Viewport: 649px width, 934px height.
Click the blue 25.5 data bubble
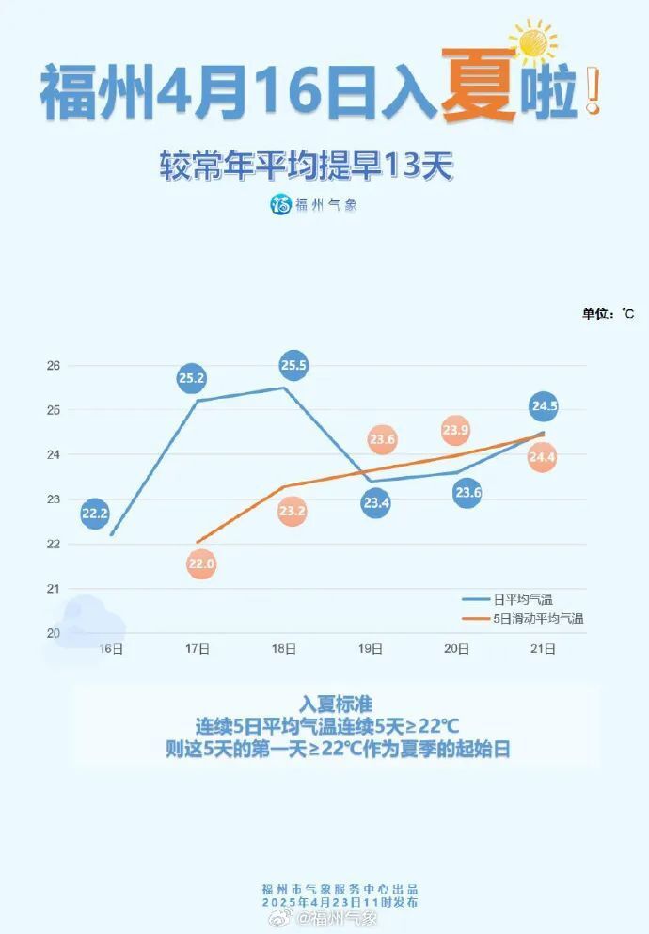[x=293, y=365]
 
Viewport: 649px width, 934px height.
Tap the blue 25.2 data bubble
[x=191, y=379]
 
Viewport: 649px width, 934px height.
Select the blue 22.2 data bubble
[x=94, y=513]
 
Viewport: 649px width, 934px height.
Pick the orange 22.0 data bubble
[x=201, y=564]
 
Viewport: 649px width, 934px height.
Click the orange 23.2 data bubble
[x=292, y=511]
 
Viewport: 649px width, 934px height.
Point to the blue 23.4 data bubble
[x=374, y=503]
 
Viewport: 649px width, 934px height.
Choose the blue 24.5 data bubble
[x=544, y=406]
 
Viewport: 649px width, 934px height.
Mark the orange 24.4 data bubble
[x=542, y=457]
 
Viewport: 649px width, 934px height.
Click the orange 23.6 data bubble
[x=383, y=439]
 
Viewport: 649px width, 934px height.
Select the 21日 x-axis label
[x=543, y=648]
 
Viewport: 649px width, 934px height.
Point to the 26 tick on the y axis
[x=53, y=365]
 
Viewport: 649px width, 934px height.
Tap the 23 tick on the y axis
[x=53, y=499]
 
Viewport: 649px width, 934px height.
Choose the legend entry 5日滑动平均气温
[x=538, y=618]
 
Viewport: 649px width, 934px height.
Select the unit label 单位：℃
[x=607, y=313]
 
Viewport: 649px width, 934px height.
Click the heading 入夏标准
[x=336, y=704]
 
